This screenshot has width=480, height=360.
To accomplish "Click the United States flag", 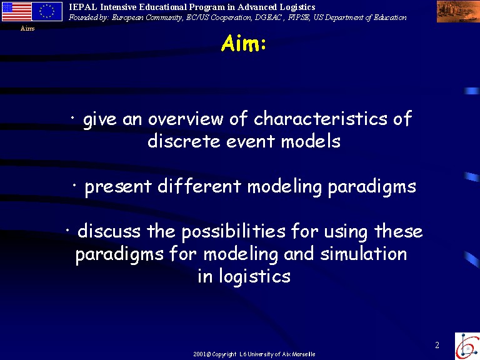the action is [16, 11].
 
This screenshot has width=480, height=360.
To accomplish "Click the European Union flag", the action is [47, 11].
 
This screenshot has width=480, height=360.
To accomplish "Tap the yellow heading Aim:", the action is [243, 44].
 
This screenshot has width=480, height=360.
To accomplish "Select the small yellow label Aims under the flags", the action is [27, 29].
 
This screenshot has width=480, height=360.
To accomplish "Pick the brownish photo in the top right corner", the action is [458, 12].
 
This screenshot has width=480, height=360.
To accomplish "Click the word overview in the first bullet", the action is [186, 119].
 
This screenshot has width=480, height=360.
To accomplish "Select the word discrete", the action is [184, 141].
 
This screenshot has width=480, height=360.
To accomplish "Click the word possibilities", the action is [234, 231].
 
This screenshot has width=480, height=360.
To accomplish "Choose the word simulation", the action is [364, 254].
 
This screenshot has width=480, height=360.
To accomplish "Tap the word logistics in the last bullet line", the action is [255, 277].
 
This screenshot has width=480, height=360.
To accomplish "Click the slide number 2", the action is [437, 345].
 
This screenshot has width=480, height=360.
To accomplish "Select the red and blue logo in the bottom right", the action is [467, 346].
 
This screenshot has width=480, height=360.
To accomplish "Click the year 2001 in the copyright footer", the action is [199, 354].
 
